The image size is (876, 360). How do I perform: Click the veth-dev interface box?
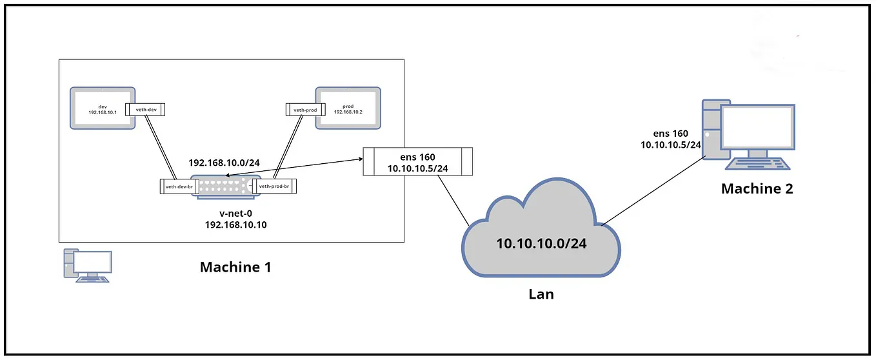click(146, 110)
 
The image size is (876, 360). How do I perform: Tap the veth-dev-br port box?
click(180, 186)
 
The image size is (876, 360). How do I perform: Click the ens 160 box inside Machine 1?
click(417, 162)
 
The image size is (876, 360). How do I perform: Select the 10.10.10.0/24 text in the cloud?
click(541, 244)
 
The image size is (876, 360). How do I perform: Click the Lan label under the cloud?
click(541, 294)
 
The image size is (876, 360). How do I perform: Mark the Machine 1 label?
click(235, 266)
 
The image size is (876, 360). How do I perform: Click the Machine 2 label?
click(757, 189)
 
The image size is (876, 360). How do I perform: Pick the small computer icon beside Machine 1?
click(86, 265)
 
